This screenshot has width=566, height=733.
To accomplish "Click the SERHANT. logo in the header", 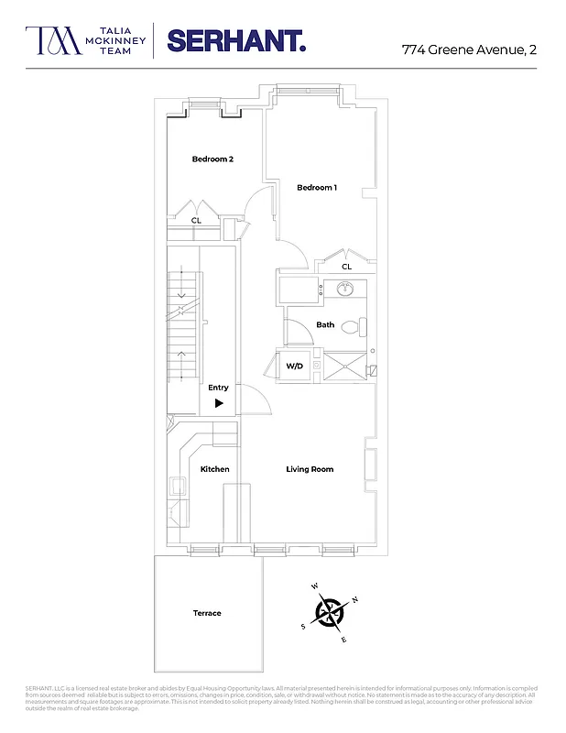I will click(236, 41).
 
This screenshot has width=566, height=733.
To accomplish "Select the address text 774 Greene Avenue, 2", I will click(469, 49).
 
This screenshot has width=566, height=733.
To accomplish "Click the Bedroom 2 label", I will click(212, 159).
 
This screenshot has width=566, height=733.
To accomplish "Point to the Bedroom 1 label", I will click(317, 188).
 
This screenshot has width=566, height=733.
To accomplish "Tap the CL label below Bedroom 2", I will click(196, 221).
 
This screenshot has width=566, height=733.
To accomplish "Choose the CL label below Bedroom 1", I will click(346, 267).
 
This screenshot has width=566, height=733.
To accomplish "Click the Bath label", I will click(325, 325).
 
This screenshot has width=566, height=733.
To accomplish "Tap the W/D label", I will click(294, 366).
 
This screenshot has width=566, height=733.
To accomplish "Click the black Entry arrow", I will click(219, 403).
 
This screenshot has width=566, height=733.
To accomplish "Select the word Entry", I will click(218, 388).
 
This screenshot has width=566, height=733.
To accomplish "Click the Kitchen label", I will click(214, 469).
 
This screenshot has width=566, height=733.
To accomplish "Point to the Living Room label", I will click(310, 469).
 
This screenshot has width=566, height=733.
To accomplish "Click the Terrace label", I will click(207, 613).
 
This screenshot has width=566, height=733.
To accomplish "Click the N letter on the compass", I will click(355, 600).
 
